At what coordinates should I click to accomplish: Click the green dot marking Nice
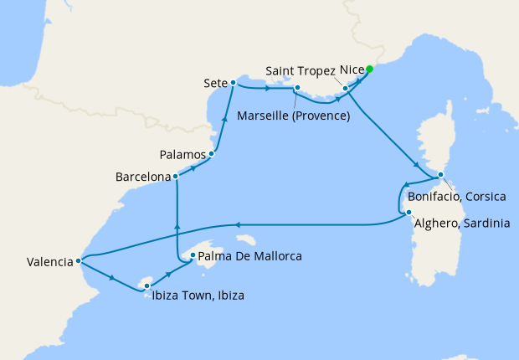click(x=369, y=70)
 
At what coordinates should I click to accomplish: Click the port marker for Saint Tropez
click(x=346, y=87)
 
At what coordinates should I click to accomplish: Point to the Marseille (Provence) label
click(x=294, y=116)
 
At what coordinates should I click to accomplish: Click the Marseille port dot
click(x=296, y=87)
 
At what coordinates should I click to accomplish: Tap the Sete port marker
click(x=233, y=82)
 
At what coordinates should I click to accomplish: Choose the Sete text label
click(x=214, y=83)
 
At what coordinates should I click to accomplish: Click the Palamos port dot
click(x=212, y=153)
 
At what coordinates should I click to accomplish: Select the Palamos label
click(x=183, y=155)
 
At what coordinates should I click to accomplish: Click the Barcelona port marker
click(x=175, y=177)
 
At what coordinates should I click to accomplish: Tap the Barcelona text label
click(x=142, y=177)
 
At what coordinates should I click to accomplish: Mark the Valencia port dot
click(x=78, y=260)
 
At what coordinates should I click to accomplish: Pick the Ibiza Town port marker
click(x=146, y=286)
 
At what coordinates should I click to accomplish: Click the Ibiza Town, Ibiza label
click(x=199, y=295)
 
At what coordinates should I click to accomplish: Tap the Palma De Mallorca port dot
click(x=193, y=255)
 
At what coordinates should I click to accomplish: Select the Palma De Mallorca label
click(x=249, y=256)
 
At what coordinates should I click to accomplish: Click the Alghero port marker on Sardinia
click(x=408, y=213)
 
